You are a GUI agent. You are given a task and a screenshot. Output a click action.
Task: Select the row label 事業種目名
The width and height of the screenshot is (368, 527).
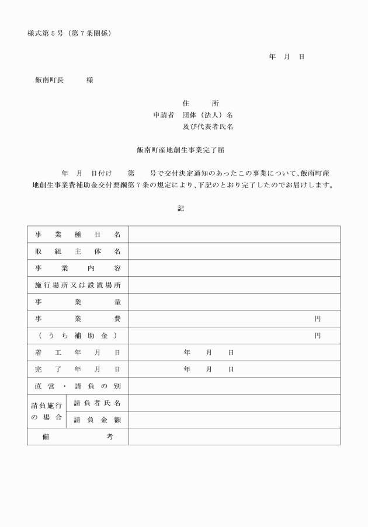pos(78,235)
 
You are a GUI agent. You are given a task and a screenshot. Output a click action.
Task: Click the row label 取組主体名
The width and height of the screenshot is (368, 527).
pos(78,252)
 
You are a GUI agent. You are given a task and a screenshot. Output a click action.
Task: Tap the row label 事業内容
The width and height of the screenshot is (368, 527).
pos(78,268)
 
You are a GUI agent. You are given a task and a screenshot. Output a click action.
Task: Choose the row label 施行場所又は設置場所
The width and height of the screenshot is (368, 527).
pos(78,285)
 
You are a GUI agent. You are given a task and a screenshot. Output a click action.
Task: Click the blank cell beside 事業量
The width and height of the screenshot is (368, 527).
pos(234,302)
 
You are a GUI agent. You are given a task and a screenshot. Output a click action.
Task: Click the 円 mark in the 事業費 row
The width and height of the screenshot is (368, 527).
pos(318,319)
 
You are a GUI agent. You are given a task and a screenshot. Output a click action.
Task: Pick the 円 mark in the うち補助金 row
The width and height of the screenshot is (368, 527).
pos(318,336)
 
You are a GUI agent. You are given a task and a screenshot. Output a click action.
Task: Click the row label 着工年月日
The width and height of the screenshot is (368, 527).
pos(78,353)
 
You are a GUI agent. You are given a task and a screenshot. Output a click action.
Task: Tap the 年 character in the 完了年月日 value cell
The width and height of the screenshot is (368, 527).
pos(187,369)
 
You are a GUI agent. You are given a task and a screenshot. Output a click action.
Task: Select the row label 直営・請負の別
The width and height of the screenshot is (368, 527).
pos(78,386)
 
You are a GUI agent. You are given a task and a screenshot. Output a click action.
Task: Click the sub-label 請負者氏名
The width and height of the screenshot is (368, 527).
pos(97,403)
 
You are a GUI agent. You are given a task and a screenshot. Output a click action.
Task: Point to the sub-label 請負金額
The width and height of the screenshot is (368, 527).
pos(97,420)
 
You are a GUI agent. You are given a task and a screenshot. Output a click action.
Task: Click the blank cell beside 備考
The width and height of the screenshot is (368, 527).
pos(234,437)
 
